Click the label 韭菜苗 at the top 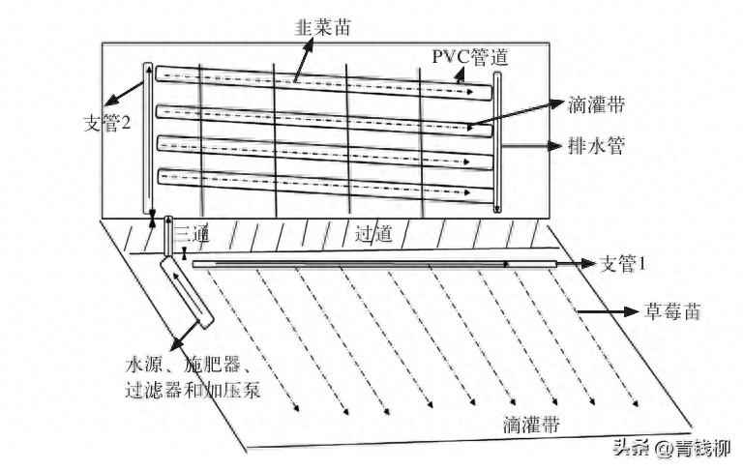pos(322,28)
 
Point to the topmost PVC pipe pos(319,81)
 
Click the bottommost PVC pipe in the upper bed pos(319,185)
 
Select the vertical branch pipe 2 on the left pos(148,140)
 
